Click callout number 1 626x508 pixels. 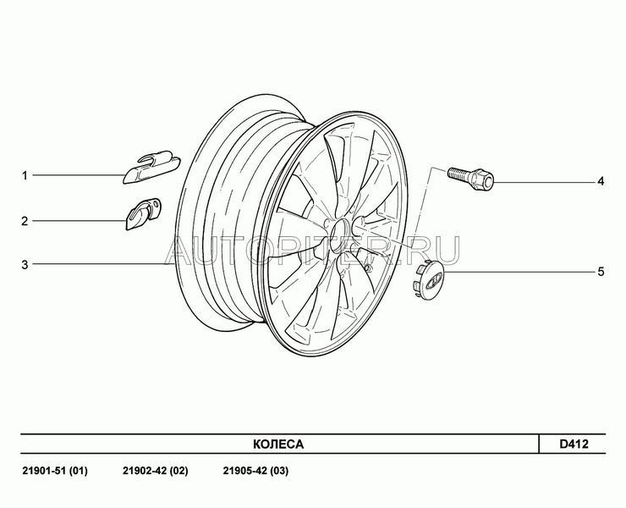[25, 175]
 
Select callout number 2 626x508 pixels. [25, 221]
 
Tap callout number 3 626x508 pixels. [25, 264]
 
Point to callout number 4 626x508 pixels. [601, 181]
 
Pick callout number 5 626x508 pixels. [601, 272]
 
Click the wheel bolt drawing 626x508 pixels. [470, 179]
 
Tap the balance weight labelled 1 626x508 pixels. [151, 168]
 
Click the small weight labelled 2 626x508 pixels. [143, 214]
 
